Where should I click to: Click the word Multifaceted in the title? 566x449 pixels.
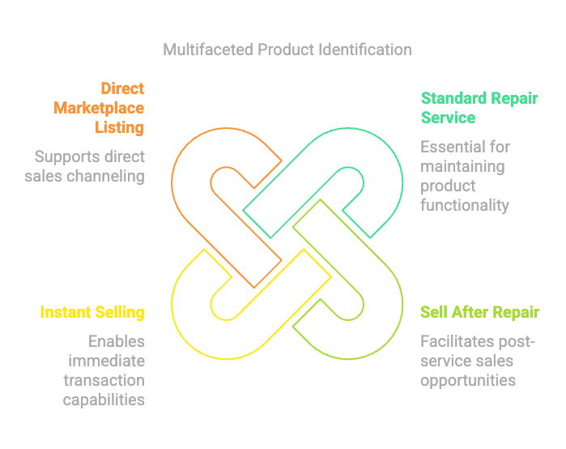[x=208, y=50]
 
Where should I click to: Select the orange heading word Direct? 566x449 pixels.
[x=122, y=88]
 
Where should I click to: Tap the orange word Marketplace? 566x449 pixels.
[x=99, y=108]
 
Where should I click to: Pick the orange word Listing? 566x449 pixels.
[x=120, y=128]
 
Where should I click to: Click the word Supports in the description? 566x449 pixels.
[x=66, y=157]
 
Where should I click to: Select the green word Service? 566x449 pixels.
[x=448, y=118]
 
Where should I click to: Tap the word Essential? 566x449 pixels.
[x=452, y=147]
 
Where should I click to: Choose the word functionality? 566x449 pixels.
[x=465, y=206]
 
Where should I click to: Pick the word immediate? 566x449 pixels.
[x=107, y=361]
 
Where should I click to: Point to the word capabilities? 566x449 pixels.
[x=104, y=400]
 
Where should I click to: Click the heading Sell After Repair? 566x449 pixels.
[x=479, y=313]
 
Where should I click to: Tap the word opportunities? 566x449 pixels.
[x=468, y=381]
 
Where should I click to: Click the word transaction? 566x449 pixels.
[x=104, y=380]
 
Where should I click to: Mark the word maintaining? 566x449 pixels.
[x=463, y=167]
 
